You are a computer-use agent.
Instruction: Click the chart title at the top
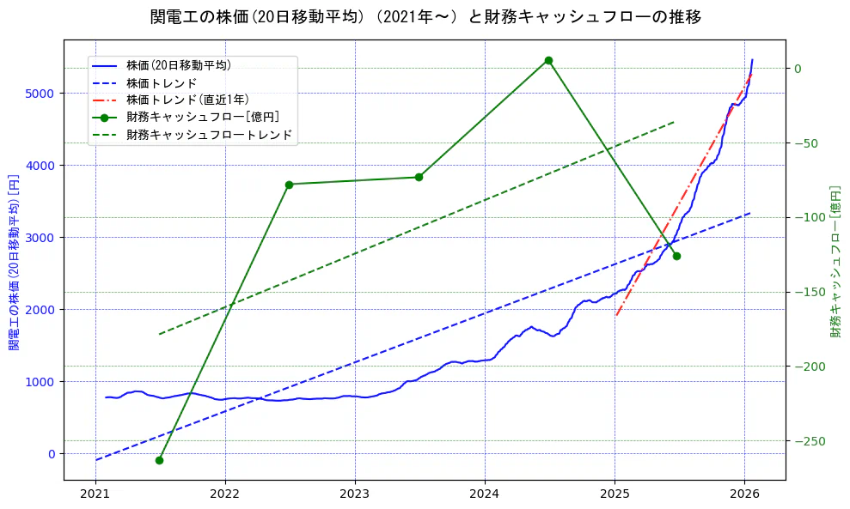tap(425, 17)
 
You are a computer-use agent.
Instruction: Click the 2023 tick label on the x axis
tap(355, 494)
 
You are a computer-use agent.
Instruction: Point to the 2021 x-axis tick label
tap(95, 494)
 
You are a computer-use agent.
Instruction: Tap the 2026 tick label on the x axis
tap(744, 494)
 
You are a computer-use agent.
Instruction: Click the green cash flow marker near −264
tap(159, 460)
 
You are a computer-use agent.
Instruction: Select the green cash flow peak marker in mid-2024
tap(548, 60)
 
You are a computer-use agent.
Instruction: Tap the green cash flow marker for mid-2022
tap(289, 185)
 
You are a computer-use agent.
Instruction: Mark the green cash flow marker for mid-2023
tap(419, 177)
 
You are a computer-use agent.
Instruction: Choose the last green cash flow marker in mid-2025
tap(676, 256)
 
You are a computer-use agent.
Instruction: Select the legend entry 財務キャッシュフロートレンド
tap(209, 135)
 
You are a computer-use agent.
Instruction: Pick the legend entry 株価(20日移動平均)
tap(178, 64)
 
